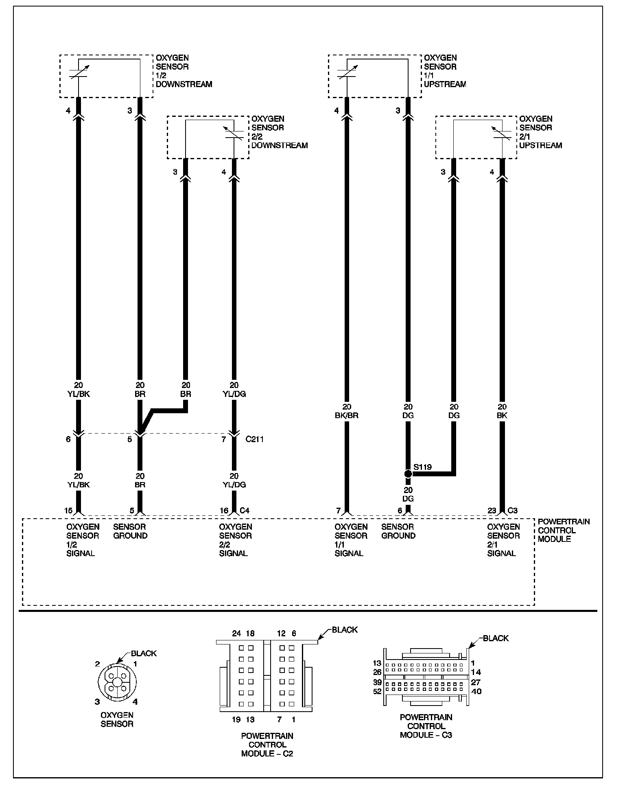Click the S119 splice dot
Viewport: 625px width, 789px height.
coord(408,474)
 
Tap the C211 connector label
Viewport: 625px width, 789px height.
coord(255,440)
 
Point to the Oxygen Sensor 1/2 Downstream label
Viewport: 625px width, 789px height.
coord(184,71)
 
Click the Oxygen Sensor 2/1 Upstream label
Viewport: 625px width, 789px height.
coord(540,132)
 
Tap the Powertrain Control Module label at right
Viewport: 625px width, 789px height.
coord(563,530)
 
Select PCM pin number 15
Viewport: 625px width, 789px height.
coord(68,511)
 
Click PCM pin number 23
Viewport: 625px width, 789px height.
coord(492,511)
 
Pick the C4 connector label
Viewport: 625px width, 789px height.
coord(245,511)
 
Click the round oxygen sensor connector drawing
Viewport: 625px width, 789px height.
coord(117,682)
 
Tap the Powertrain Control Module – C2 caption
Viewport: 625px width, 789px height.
coord(267,745)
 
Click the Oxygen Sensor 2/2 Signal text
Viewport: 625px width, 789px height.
coord(235,540)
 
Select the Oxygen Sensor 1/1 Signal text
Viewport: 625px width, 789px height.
coord(351,540)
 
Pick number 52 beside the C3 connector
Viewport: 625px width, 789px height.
coord(377,691)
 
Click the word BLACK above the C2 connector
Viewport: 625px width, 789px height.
coord(345,630)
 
